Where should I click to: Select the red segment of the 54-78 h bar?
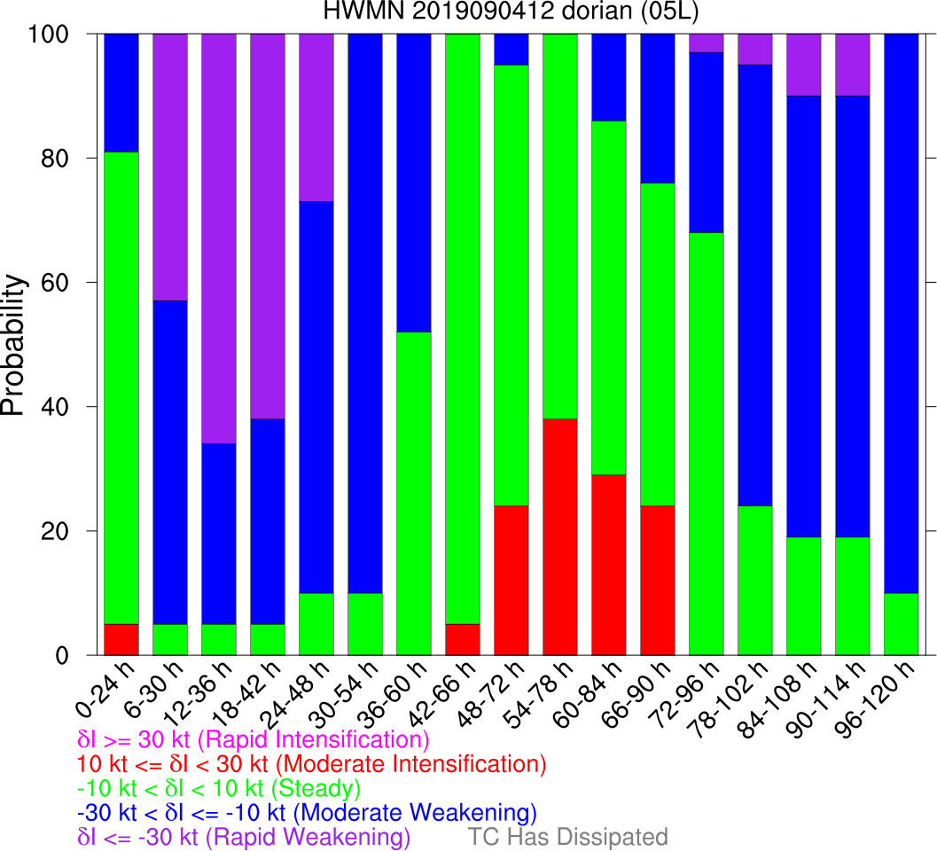(559, 537)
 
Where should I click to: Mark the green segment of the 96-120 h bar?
(901, 625)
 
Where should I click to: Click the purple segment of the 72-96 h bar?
(706, 43)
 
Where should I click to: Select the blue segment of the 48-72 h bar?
(511, 50)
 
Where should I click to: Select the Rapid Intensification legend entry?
(254, 739)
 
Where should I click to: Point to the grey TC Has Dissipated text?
(567, 837)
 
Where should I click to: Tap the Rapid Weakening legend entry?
(244, 837)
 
